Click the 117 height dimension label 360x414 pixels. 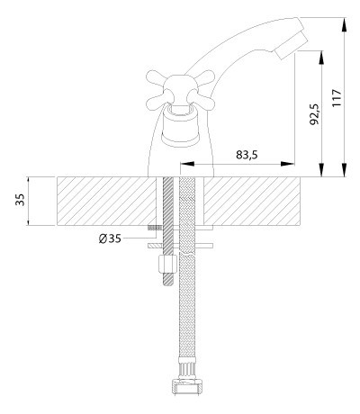(337, 97)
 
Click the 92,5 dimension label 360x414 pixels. (315, 114)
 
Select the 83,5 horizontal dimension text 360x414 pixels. (247, 155)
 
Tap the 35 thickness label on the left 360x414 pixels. (20, 200)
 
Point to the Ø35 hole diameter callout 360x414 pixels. (110, 238)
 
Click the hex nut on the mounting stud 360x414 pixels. (167, 264)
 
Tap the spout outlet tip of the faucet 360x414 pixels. (291, 44)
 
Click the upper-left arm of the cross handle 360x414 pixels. (157, 77)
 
